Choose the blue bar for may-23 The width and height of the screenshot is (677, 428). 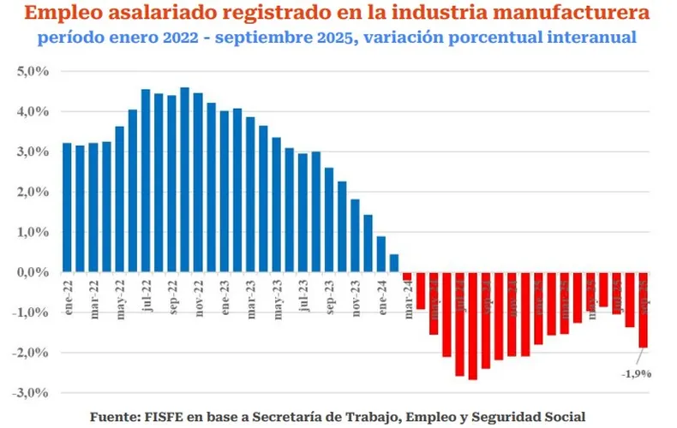point(276,205)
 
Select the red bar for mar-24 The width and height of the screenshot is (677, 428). point(407,276)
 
